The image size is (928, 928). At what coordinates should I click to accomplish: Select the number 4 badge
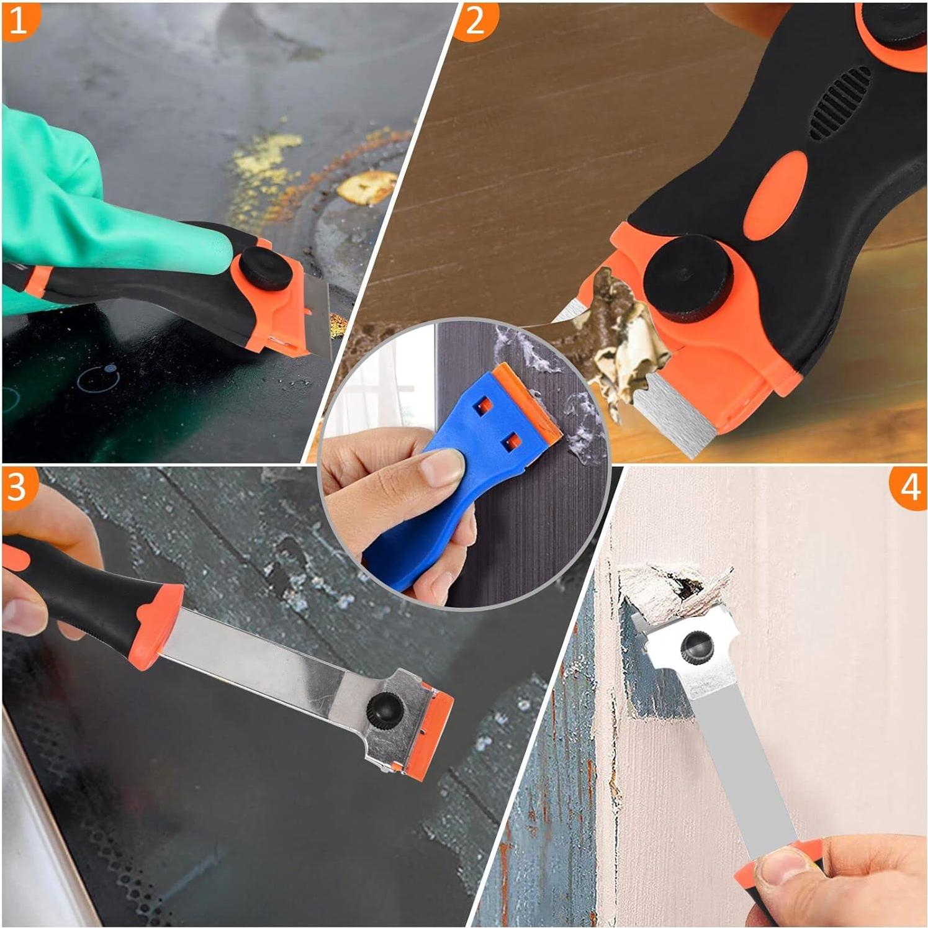tap(909, 487)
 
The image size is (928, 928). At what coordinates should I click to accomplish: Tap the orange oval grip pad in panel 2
tap(775, 196)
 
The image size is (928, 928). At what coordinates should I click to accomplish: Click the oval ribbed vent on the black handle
tap(841, 102)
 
